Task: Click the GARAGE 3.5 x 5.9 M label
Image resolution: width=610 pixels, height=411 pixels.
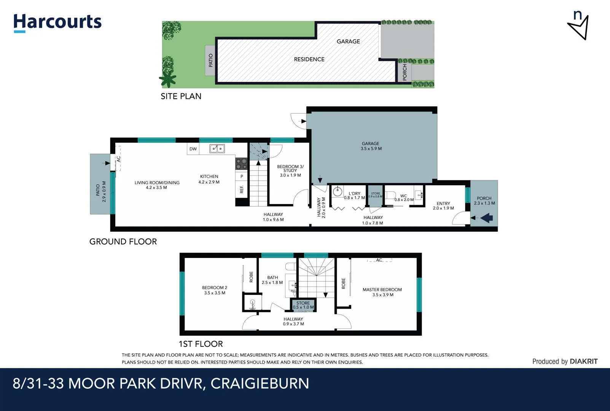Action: coord(371,146)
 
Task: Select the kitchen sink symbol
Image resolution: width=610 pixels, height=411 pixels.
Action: coord(217,148)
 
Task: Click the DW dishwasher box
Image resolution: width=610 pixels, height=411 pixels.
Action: coord(193,149)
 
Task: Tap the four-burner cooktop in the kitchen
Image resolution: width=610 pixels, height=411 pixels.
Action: coord(241,164)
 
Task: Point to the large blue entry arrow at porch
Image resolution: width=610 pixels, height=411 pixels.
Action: coord(487,218)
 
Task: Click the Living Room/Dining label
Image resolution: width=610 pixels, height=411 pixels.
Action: coord(157,185)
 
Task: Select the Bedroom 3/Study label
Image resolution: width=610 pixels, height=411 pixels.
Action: coord(290,171)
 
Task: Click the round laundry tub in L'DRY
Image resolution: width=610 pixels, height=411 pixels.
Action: coord(338,191)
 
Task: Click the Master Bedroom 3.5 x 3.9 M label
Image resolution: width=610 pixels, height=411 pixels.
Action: coord(382,292)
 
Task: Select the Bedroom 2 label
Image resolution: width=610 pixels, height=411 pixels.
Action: coord(215,290)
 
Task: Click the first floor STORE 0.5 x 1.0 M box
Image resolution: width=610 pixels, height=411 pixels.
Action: coord(303,305)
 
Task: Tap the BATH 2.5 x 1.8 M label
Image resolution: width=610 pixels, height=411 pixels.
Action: coord(272,280)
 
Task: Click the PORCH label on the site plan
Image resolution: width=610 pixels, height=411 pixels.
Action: coord(405,72)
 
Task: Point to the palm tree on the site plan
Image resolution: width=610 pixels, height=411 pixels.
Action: coord(168,79)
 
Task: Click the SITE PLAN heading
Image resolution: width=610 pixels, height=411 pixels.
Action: coord(181,96)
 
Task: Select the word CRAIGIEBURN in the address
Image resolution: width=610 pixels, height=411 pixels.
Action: coord(260,383)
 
